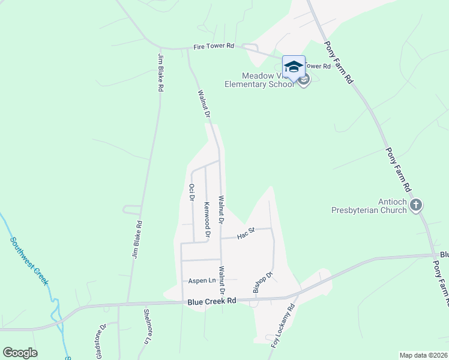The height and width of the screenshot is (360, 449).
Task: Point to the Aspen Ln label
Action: pos(202,281)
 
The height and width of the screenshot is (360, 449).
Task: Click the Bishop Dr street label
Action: pos(263,283)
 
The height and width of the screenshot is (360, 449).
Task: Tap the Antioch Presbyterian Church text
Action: pos(369,206)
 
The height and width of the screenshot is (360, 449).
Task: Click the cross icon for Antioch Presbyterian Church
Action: pos(417,206)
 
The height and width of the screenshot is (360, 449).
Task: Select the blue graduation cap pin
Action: pos(294,66)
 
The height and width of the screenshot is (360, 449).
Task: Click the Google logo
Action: pos(20,353)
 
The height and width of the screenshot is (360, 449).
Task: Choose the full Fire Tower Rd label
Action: pos(213,46)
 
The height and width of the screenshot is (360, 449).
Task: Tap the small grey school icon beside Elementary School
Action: pos(304,80)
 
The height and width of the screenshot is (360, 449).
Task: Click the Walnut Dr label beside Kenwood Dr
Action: pos(221,210)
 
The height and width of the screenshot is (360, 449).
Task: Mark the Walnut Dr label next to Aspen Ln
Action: pos(222,280)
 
